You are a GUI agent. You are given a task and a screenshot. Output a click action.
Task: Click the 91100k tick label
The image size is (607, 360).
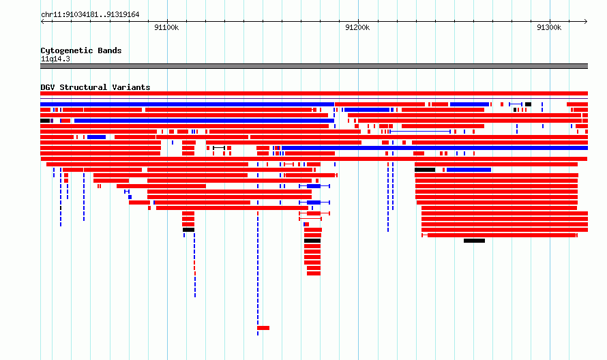(166, 27)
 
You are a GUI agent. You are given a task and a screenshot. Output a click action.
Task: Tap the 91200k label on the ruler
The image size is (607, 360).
(357, 27)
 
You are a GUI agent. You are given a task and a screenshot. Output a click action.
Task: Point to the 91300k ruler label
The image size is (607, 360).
(549, 27)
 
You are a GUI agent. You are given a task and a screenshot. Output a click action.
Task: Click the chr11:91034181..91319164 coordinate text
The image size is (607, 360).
(90, 15)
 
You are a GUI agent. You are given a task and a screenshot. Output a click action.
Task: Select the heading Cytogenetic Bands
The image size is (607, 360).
(81, 50)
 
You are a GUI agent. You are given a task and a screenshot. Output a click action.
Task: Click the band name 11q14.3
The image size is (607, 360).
(55, 59)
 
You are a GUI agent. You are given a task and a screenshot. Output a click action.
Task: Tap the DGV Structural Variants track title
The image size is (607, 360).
(95, 87)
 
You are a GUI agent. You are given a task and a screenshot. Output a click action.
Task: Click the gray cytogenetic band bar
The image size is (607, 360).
(314, 66)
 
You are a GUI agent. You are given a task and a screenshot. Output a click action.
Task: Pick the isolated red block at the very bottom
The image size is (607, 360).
(263, 328)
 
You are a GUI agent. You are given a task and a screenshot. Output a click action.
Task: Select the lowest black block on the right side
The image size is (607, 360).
(474, 241)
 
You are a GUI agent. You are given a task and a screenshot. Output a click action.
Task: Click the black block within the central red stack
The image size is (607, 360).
(312, 241)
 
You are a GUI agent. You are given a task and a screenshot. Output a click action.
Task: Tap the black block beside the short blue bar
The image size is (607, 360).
(425, 170)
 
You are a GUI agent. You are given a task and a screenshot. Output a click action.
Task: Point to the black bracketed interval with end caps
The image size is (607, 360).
(219, 148)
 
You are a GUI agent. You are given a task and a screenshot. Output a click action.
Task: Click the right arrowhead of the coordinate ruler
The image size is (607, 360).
(586, 22)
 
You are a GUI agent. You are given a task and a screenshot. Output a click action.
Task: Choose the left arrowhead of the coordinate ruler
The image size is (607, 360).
(42, 22)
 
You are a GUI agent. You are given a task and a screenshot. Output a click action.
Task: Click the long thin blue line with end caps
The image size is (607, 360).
(420, 132)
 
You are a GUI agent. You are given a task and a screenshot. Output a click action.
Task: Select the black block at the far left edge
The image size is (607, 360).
(45, 121)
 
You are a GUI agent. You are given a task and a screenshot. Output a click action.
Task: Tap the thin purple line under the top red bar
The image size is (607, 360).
(314, 99)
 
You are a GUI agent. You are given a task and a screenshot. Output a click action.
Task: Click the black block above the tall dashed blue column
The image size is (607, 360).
(188, 230)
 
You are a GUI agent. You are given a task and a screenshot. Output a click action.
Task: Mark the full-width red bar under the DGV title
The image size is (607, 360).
(314, 93)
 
